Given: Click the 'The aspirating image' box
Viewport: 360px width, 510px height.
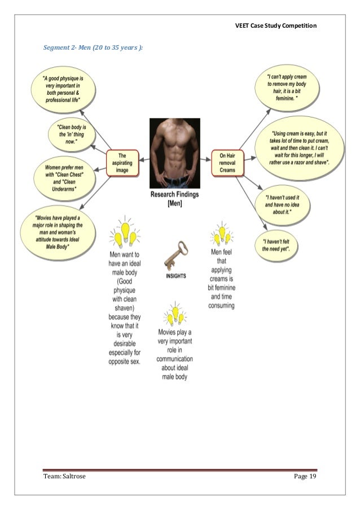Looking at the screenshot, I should click(123, 163).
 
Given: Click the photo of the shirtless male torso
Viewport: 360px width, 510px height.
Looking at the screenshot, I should click(174, 152).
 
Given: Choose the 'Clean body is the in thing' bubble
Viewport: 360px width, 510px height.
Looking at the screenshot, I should click(71, 133).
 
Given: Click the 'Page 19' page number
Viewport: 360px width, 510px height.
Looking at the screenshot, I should click(304, 479).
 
